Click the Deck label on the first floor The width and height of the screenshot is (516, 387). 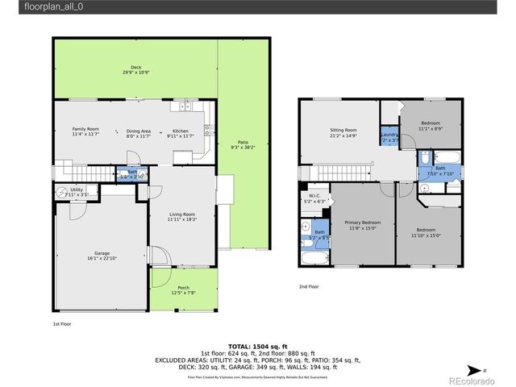tap(135, 70)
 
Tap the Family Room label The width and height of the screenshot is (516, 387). tap(85, 132)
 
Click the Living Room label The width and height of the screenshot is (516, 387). tap(181, 216)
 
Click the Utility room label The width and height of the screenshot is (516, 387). tap(77, 192)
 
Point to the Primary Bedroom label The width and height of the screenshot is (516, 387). tap(362, 225)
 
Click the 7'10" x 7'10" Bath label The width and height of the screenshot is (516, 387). tap(440, 169)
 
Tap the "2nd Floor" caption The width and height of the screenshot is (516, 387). tap(308, 286)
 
